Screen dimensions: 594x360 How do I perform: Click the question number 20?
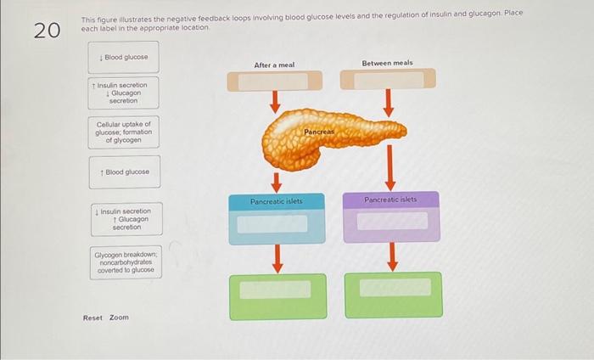coord(47,31)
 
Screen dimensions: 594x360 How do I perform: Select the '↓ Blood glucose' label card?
coord(125,58)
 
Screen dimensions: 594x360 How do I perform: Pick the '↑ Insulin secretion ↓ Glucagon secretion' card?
coord(124,93)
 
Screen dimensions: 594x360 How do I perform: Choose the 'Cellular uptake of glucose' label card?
coord(124,132)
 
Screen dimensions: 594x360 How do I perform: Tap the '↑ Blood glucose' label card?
coord(125,172)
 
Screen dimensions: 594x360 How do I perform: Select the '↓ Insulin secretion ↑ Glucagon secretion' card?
coord(125,219)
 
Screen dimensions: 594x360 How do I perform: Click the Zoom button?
coord(119,318)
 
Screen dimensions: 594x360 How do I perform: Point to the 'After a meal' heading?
coord(274,65)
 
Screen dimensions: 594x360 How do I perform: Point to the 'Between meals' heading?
coord(388,63)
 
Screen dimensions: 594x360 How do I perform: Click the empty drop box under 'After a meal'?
coord(274,81)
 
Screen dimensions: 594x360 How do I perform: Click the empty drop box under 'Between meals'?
coord(388,80)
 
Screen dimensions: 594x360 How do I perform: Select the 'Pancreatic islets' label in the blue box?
coord(276,201)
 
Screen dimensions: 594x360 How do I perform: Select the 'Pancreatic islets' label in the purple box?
coord(390,200)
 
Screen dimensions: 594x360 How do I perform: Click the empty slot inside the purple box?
coord(391,222)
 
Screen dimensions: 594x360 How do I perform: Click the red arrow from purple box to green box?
coord(392,256)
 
